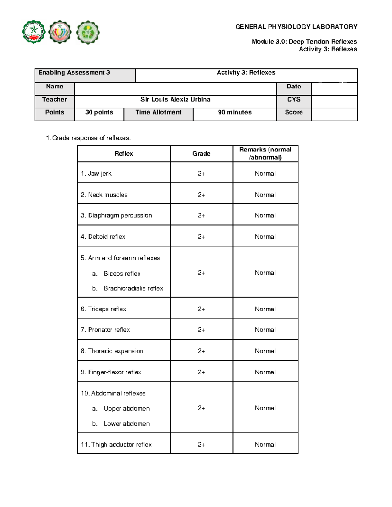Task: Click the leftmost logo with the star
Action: click(33, 32)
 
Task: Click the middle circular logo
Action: click(60, 32)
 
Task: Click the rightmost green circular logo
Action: click(88, 32)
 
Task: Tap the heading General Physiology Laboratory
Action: click(296, 27)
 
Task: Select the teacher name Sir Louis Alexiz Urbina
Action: click(175, 99)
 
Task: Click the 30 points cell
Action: click(99, 112)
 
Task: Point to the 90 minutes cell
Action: click(235, 112)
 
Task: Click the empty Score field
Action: click(334, 114)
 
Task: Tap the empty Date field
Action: click(334, 89)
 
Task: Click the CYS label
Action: click(294, 99)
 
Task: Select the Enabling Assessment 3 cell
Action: click(74, 73)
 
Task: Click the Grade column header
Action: click(201, 154)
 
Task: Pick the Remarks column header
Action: click(265, 153)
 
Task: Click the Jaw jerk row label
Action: click(96, 174)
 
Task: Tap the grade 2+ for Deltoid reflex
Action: click(201, 237)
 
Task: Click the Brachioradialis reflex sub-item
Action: click(133, 288)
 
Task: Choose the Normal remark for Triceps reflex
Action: click(265, 309)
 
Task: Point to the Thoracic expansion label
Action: click(112, 351)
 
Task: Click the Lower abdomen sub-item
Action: click(126, 424)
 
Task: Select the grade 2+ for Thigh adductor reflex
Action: click(201, 445)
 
